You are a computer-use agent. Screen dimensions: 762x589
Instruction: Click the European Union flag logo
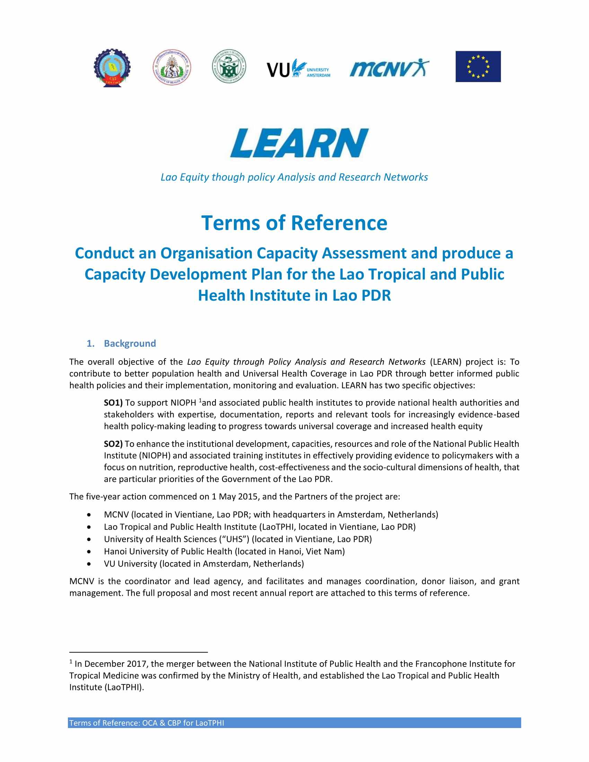pyautogui.click(x=478, y=67)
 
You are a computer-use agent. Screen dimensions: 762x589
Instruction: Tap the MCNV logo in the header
pyautogui.click(x=389, y=68)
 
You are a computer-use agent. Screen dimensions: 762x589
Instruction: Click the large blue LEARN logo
pyautogui.click(x=299, y=143)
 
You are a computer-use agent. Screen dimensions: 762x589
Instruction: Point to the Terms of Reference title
pyautogui.click(x=294, y=223)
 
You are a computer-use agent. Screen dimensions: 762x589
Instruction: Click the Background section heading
pyautogui.click(x=130, y=343)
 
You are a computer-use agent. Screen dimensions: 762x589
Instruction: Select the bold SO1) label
pyautogui.click(x=113, y=402)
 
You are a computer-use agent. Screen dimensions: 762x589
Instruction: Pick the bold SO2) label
pyautogui.click(x=113, y=444)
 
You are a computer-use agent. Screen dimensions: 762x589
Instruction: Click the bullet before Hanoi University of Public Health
pyautogui.click(x=90, y=552)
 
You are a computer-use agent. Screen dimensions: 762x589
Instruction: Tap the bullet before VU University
pyautogui.click(x=90, y=564)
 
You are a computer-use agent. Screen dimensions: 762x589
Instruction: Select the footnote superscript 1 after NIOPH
pyautogui.click(x=200, y=401)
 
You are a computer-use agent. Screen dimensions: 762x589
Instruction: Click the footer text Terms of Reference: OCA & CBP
pyautogui.click(x=147, y=723)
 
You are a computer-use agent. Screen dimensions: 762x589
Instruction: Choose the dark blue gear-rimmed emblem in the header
pyautogui.click(x=112, y=68)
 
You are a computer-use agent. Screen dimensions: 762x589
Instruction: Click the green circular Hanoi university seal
pyautogui.click(x=229, y=66)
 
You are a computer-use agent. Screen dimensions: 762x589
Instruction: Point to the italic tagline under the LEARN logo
pyautogui.click(x=294, y=177)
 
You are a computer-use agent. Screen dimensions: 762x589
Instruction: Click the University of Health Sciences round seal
pyautogui.click(x=172, y=67)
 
